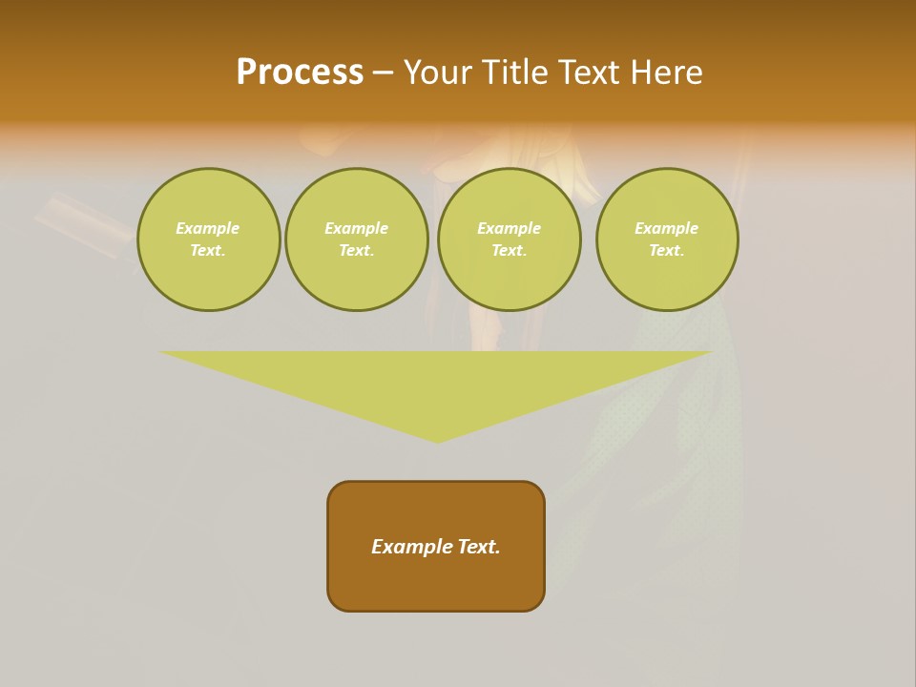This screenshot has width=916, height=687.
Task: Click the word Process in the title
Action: (x=300, y=73)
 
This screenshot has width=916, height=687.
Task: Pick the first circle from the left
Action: (x=209, y=239)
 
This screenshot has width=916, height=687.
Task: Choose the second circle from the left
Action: (x=357, y=239)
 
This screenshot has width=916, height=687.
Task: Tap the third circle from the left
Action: (x=510, y=239)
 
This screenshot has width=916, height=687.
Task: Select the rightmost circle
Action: (x=667, y=239)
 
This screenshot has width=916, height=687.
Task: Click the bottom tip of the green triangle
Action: (x=437, y=440)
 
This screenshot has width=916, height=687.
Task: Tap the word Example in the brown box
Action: (x=411, y=547)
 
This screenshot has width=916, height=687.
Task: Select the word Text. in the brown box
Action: (x=478, y=547)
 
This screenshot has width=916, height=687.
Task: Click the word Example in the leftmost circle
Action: (x=208, y=229)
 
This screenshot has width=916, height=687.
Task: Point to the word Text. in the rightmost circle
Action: (x=667, y=251)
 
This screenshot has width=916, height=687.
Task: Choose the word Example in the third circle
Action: (x=510, y=229)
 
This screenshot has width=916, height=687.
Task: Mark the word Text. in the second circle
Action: (x=357, y=251)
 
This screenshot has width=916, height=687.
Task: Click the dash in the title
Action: (x=383, y=73)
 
